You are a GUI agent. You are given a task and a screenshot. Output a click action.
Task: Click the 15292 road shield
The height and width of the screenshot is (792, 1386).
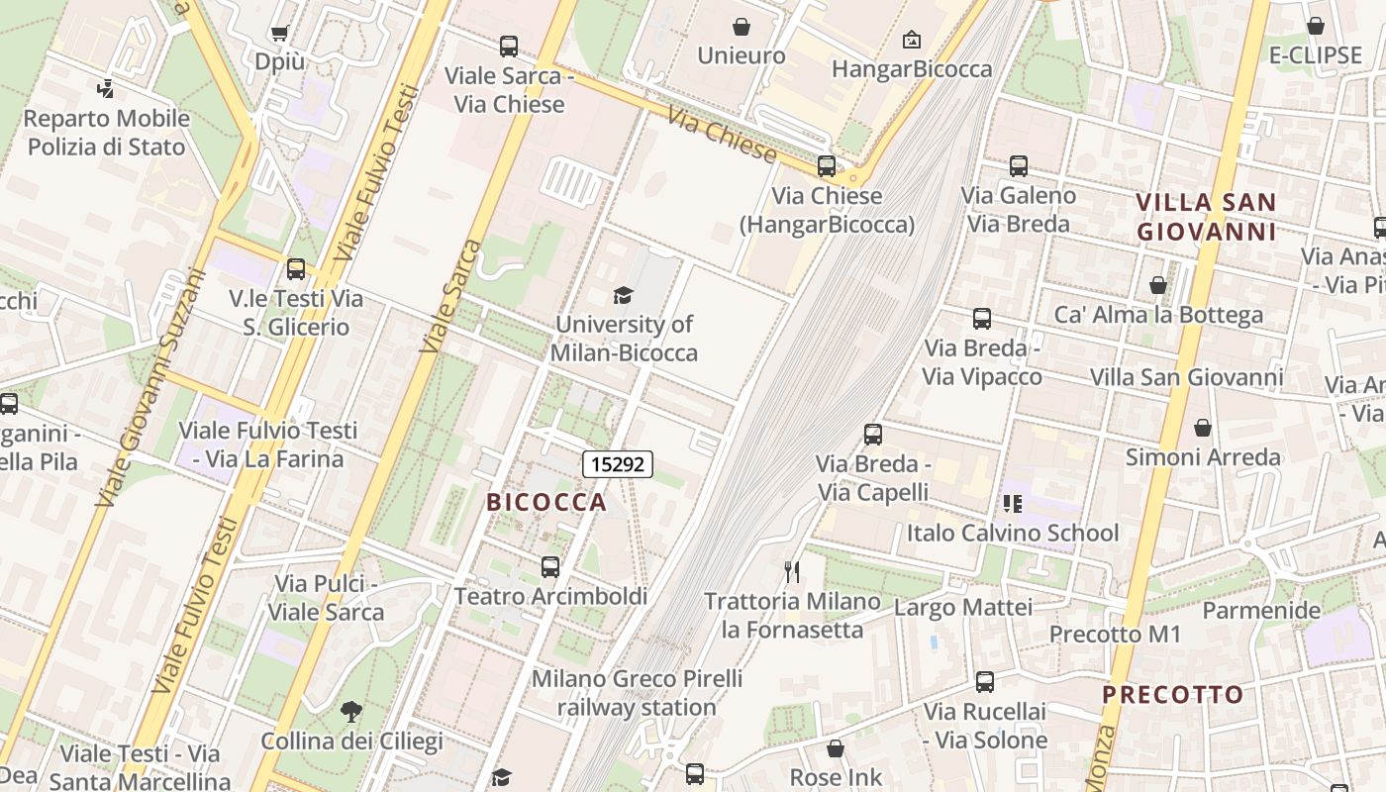pos(618,463)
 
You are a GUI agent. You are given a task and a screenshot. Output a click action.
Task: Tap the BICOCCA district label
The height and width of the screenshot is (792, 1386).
pos(546,502)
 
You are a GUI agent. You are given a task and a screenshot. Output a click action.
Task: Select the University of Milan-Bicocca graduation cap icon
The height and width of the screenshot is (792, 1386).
pos(623,295)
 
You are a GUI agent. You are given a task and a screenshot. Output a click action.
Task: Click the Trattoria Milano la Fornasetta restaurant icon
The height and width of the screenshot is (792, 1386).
pos(792,571)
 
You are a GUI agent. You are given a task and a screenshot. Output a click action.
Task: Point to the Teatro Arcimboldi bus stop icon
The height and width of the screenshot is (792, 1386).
pos(550,567)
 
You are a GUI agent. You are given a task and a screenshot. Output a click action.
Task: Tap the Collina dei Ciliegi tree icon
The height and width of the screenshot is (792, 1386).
pos(350,711)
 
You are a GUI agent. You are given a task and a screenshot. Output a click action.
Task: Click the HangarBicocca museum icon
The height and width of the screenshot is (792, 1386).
pos(911,40)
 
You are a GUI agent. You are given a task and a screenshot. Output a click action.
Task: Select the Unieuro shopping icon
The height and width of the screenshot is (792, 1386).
pos(741,27)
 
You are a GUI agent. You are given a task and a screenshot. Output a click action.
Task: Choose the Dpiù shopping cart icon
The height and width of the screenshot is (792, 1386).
pos(279,33)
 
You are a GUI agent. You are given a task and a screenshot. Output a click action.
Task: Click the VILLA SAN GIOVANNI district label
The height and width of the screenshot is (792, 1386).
pos(1206,217)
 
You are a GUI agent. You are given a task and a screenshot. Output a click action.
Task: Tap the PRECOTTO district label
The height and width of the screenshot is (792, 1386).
pos(1173,694)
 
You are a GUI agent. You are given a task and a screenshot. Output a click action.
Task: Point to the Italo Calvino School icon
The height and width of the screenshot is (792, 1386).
pos(1012,504)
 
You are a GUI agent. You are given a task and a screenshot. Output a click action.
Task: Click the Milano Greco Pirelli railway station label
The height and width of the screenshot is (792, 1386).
pos(637,693)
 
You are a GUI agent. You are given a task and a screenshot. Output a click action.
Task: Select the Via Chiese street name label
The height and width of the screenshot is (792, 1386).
pos(722,134)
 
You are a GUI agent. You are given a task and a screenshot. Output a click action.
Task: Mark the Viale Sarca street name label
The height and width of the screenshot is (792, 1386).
pos(450,296)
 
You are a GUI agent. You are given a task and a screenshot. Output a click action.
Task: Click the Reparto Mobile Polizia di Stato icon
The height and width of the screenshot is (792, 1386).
pos(105,89)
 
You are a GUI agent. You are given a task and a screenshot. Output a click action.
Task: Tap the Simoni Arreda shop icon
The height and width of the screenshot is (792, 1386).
pos(1203,428)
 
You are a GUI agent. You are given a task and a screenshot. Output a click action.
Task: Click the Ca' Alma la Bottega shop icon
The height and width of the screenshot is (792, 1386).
pos(1158,286)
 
